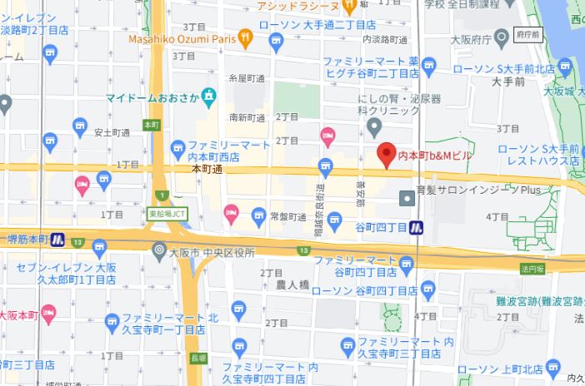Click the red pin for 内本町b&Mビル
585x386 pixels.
(386, 155)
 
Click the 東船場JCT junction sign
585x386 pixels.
(168, 214)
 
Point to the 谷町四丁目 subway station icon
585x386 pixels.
(416, 227)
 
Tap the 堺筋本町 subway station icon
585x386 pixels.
(57, 239)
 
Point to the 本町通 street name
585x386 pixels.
(206, 169)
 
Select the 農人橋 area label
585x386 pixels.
(292, 285)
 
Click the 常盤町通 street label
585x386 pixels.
(288, 215)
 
